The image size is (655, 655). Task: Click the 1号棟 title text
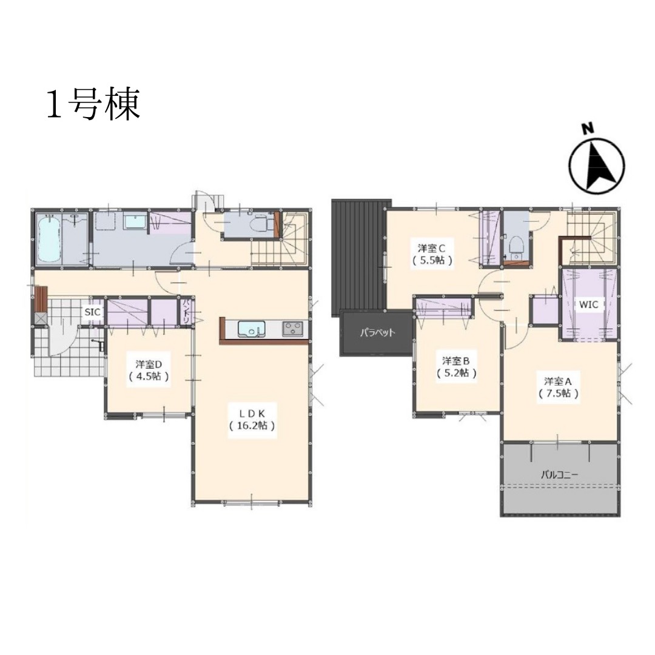pos(93,104)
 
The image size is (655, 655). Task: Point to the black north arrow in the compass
pos(600,168)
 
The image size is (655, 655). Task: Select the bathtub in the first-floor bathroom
pos(49,238)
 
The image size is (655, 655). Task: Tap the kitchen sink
pos(252,329)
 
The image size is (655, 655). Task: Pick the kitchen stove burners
pos(293,329)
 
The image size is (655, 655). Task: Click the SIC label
pos(93,312)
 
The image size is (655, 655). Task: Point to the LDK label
pos(252,413)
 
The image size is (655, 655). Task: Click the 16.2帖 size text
pos(252,425)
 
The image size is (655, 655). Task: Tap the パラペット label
pos(378,332)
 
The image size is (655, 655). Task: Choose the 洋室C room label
pos(432,247)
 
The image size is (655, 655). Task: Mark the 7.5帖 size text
pos(559,393)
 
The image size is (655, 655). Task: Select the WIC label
pos(588,304)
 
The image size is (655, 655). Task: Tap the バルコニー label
pos(559,474)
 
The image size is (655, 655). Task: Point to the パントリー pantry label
pos(185,311)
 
